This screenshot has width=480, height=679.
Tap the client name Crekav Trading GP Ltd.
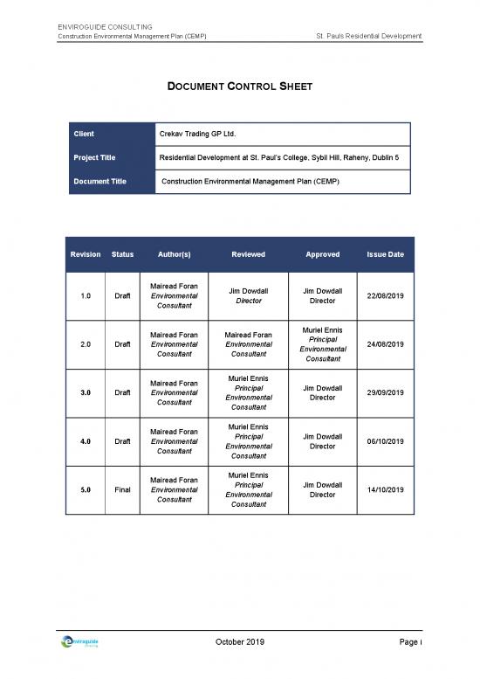(x=198, y=135)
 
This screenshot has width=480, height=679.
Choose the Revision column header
(x=86, y=254)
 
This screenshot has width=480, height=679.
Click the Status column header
(x=123, y=254)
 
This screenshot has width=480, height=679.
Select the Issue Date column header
(x=386, y=254)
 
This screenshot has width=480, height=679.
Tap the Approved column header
(x=323, y=254)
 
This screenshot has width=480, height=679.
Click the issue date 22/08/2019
(x=386, y=295)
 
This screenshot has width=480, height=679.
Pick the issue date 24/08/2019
(x=386, y=344)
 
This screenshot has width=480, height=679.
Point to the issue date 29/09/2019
(x=386, y=392)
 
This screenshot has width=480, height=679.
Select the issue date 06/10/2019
(x=386, y=441)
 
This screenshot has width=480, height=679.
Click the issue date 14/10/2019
(x=386, y=489)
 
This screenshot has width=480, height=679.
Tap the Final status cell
(x=123, y=489)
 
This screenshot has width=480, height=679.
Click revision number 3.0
(x=86, y=392)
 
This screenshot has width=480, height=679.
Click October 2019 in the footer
(x=240, y=642)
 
